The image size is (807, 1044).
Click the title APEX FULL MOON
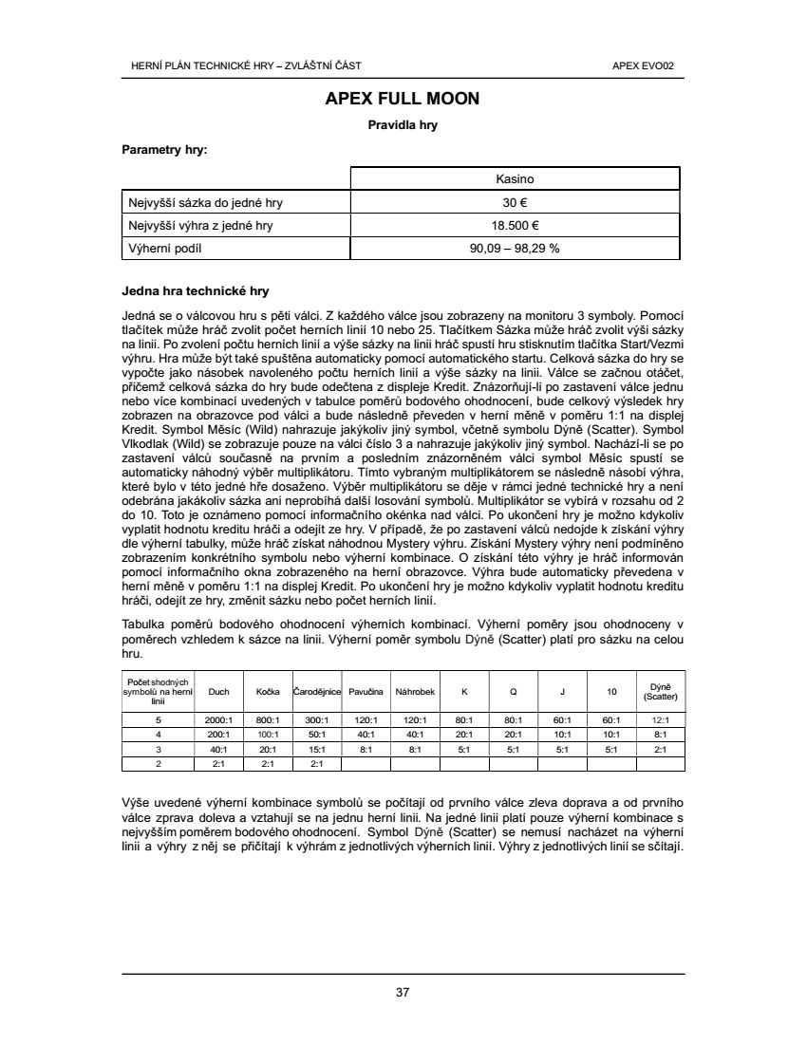tap(403, 99)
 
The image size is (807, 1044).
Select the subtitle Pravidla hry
tap(403, 124)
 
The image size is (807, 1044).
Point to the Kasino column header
tap(516, 178)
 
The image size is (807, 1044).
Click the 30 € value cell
tap(516, 202)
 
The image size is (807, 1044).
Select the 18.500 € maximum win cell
tap(516, 225)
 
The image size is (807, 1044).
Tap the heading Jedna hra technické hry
tap(196, 289)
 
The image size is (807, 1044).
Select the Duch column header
tap(218, 692)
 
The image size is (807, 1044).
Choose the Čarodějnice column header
tap(317, 692)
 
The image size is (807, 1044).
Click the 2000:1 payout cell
tap(218, 720)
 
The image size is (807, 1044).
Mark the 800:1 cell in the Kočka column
tap(268, 720)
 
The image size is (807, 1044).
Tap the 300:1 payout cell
tap(317, 720)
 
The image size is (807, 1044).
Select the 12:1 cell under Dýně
tap(660, 720)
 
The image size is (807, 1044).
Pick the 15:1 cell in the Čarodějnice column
tap(317, 748)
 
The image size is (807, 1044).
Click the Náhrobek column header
tap(415, 692)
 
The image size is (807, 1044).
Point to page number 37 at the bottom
tap(403, 993)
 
